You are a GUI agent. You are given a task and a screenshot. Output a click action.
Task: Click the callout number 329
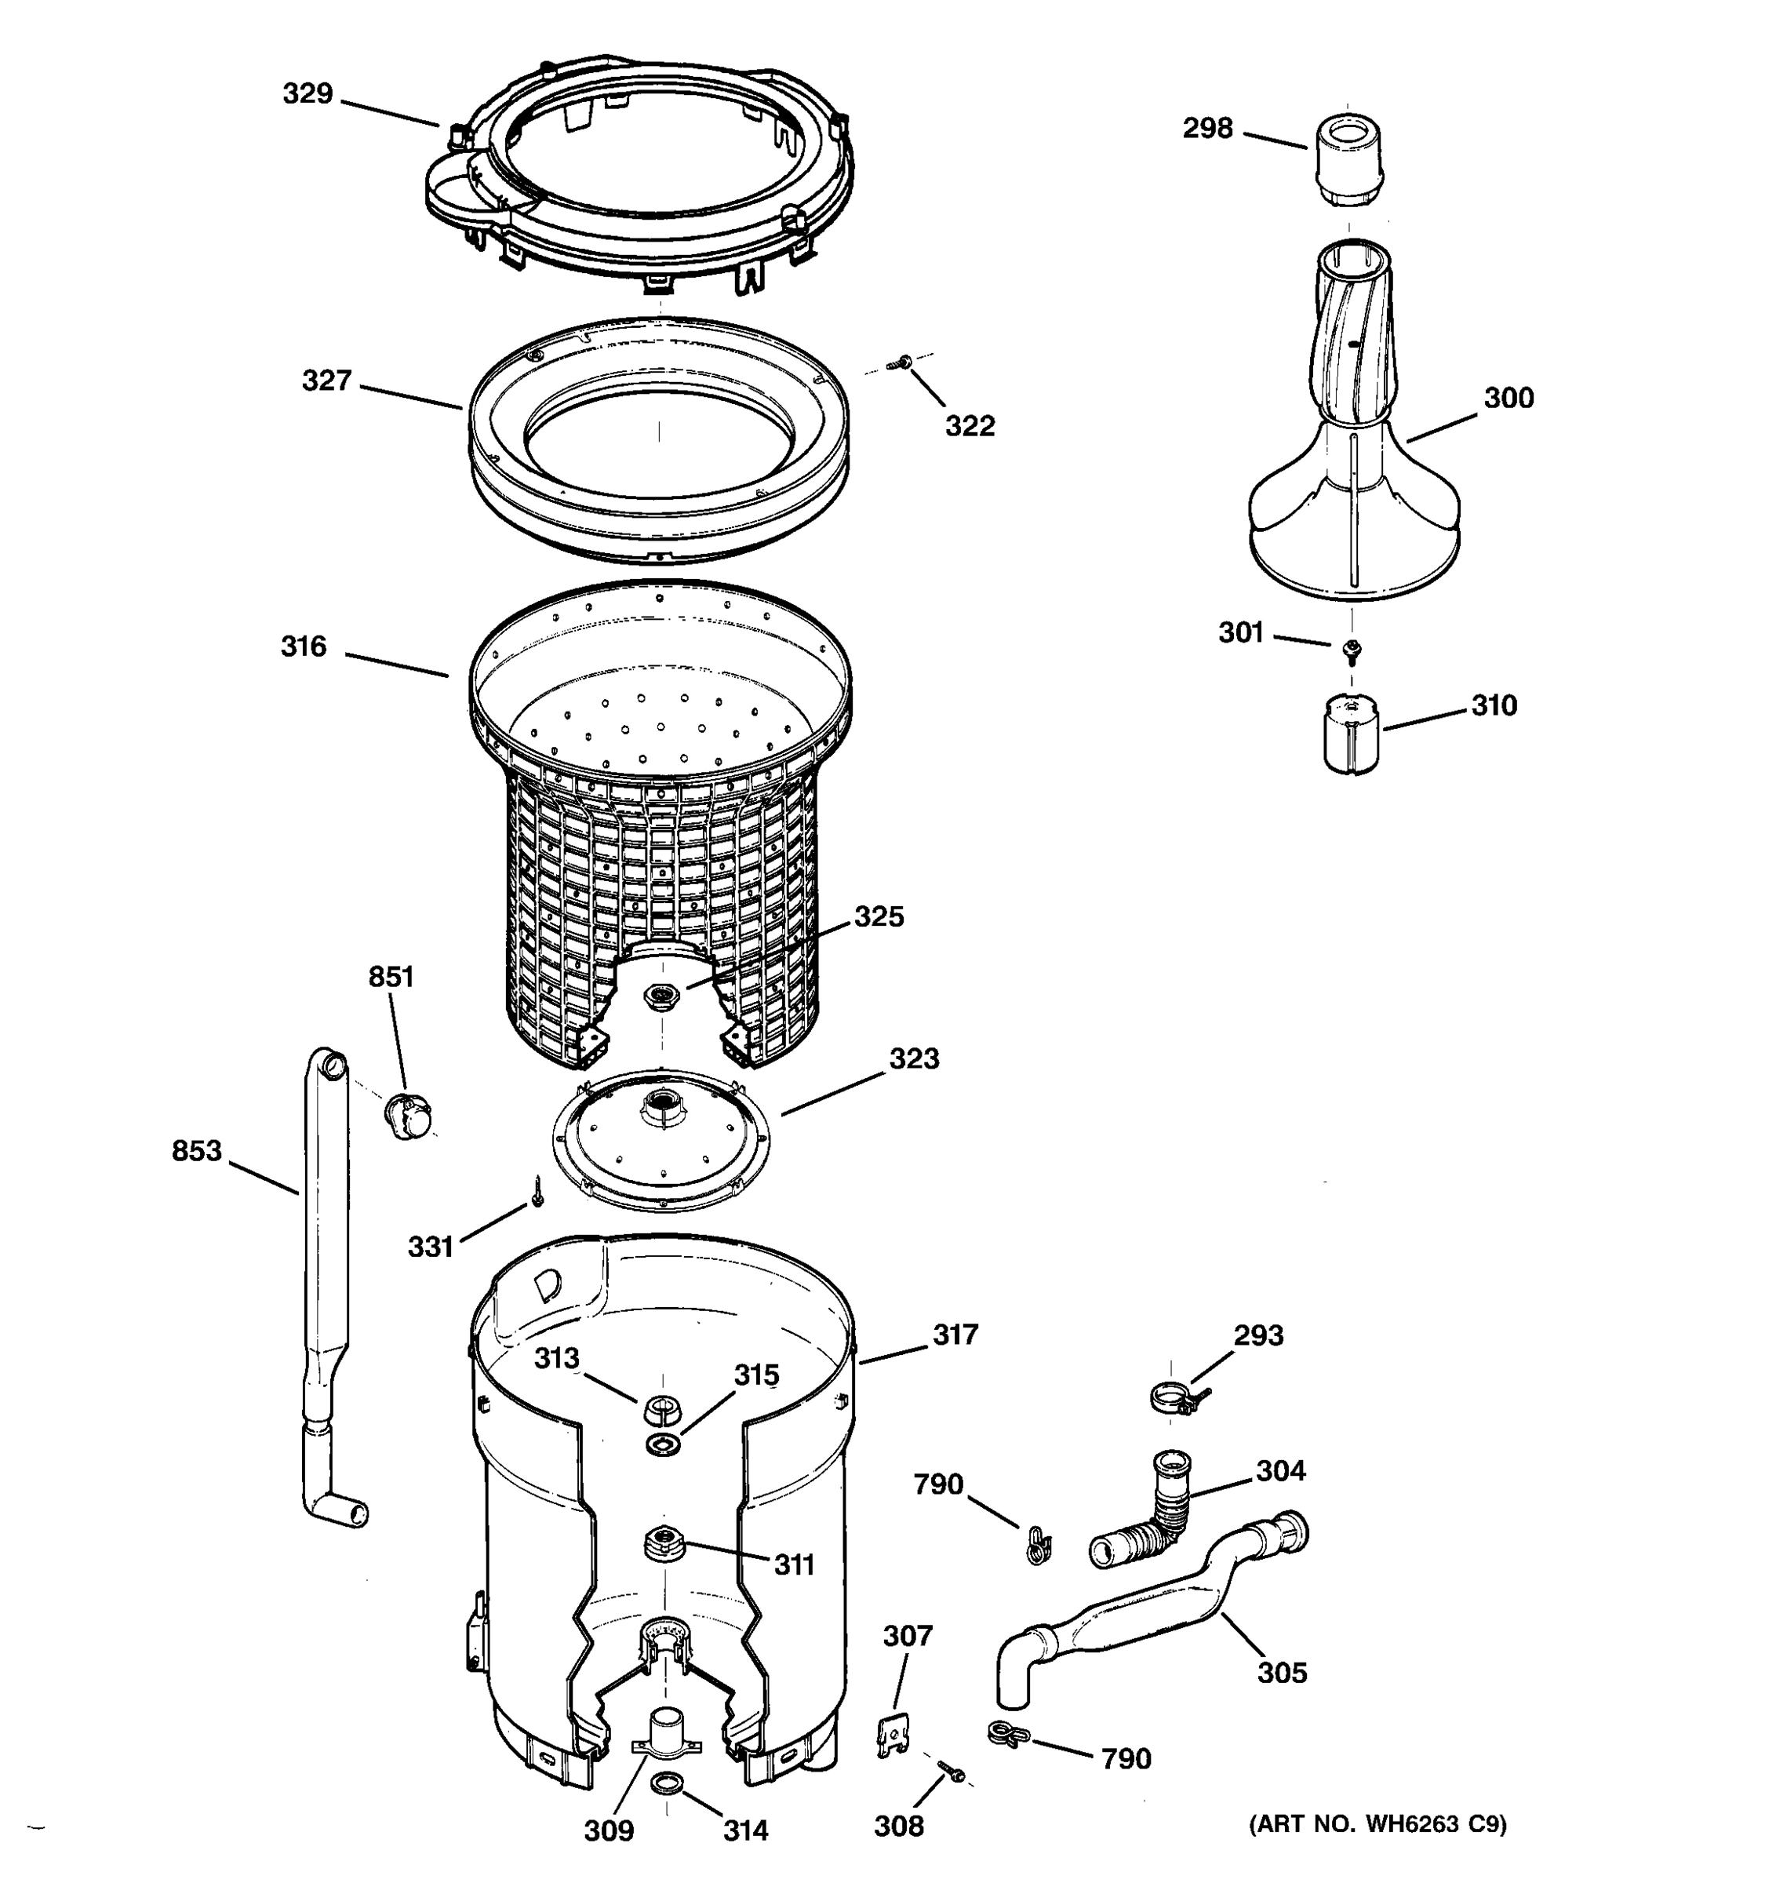tap(308, 94)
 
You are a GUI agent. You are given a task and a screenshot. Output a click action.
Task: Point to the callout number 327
tap(326, 381)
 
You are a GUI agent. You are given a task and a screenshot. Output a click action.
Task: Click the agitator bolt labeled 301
tap(1352, 650)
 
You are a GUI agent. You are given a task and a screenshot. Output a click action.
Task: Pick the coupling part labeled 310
tap(1350, 735)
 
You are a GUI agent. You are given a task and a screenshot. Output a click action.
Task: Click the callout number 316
tap(303, 647)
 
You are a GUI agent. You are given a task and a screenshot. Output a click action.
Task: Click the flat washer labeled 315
tap(663, 1444)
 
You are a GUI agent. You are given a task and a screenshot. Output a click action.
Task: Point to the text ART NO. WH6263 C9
tap(1377, 1824)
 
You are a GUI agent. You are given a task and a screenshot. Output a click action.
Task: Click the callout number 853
tap(196, 1151)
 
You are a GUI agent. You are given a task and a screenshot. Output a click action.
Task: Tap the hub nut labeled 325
tap(660, 996)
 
